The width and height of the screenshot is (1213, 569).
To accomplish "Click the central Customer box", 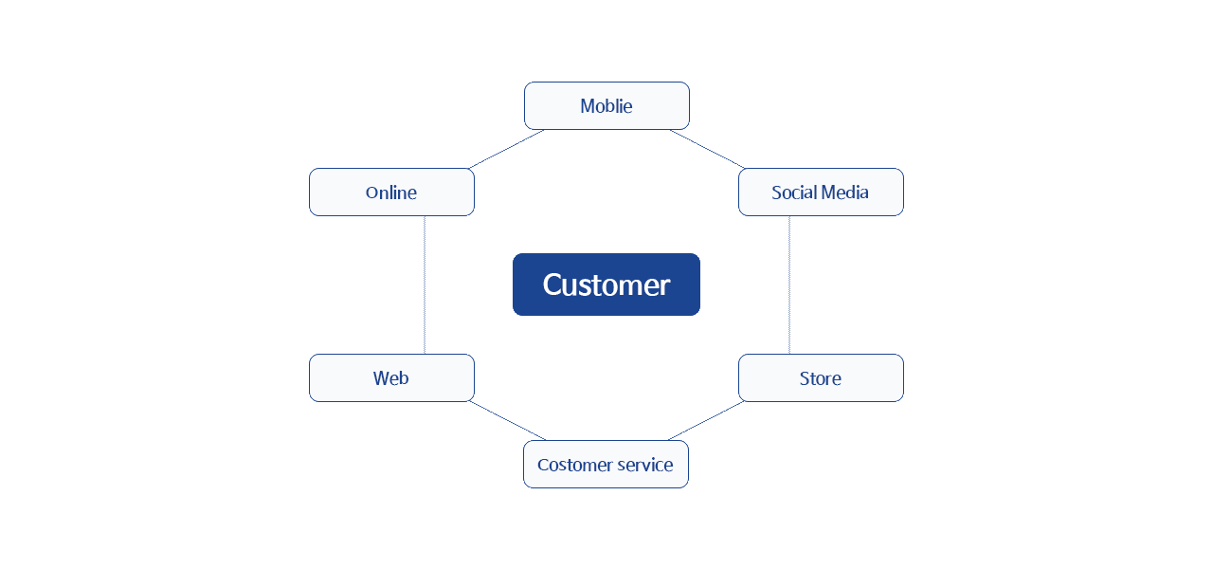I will tap(606, 284).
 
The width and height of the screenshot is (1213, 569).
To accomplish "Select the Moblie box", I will tap(606, 105).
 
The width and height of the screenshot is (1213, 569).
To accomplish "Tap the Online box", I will tap(391, 192).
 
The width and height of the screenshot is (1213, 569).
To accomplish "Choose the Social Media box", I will tap(821, 192).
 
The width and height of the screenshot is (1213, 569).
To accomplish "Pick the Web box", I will tap(391, 377).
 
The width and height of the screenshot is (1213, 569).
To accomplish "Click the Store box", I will tap(821, 377).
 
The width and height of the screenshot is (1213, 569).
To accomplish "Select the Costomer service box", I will tap(606, 464).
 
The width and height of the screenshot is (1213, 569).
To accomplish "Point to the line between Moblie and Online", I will tap(507, 149).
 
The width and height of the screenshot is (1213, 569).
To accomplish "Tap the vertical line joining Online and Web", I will tap(425, 284).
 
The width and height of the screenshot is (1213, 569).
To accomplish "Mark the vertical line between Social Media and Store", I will tap(789, 284).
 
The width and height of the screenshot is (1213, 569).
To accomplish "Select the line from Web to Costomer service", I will tap(507, 420).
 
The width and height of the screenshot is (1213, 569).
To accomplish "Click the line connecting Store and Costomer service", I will tap(707, 420).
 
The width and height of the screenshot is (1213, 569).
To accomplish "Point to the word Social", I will tap(793, 193).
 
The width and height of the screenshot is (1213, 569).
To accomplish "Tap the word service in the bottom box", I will tap(644, 465).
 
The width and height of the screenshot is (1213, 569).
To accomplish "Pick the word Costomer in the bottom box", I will tap(573, 465).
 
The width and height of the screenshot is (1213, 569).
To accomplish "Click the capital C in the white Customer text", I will tap(552, 285).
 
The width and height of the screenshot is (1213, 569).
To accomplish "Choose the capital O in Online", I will tap(371, 193).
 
